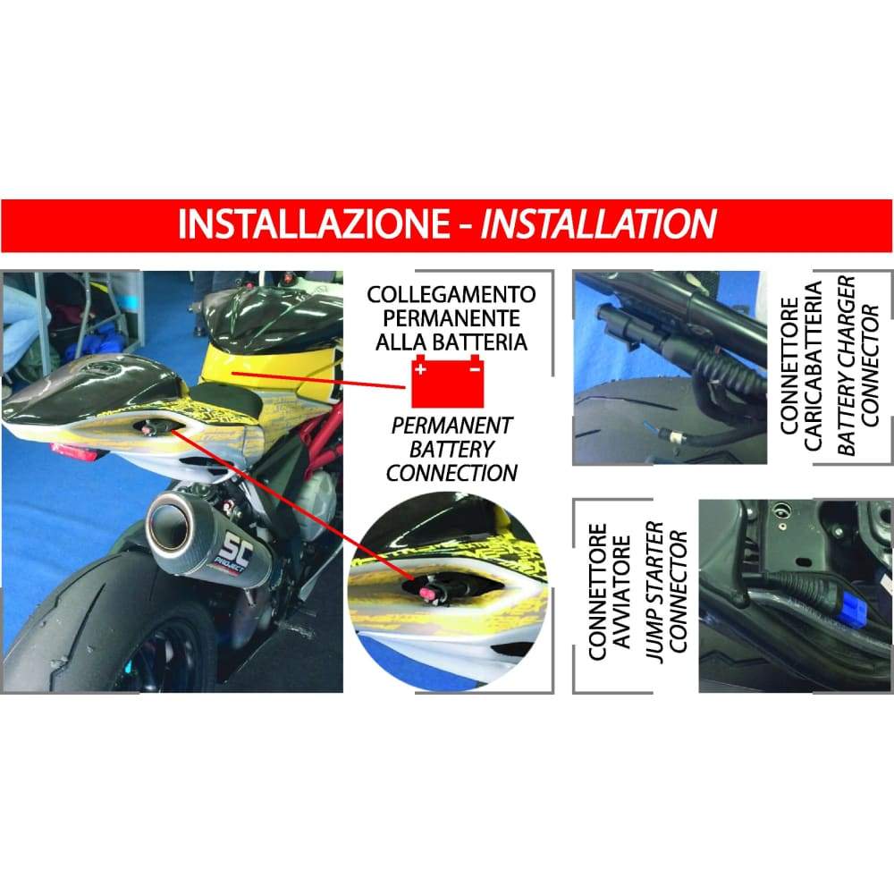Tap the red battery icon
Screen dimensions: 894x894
point(448,381)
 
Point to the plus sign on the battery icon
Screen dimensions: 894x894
point(421,369)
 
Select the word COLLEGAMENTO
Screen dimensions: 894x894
point(451,295)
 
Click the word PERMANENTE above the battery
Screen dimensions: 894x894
point(451,318)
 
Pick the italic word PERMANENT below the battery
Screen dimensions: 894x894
point(451,426)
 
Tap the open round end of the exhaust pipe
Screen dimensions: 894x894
point(169,520)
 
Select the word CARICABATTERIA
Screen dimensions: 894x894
point(813,366)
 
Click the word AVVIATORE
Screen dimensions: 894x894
point(621,591)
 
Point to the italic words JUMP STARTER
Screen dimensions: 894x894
point(655,591)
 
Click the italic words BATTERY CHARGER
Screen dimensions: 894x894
point(847,366)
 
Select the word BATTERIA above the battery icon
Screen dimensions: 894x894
point(479,342)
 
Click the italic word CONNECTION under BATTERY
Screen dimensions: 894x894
point(451,473)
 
